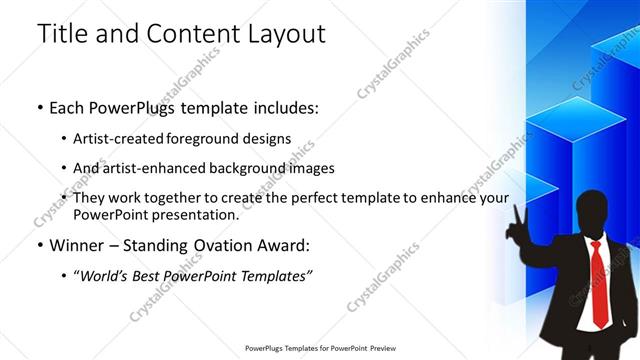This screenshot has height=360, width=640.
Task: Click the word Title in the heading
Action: (61, 33)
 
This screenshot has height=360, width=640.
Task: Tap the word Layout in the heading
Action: (284, 33)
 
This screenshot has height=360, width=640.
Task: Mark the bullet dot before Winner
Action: (40, 244)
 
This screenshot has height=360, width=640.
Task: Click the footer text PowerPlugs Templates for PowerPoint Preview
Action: (319, 350)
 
